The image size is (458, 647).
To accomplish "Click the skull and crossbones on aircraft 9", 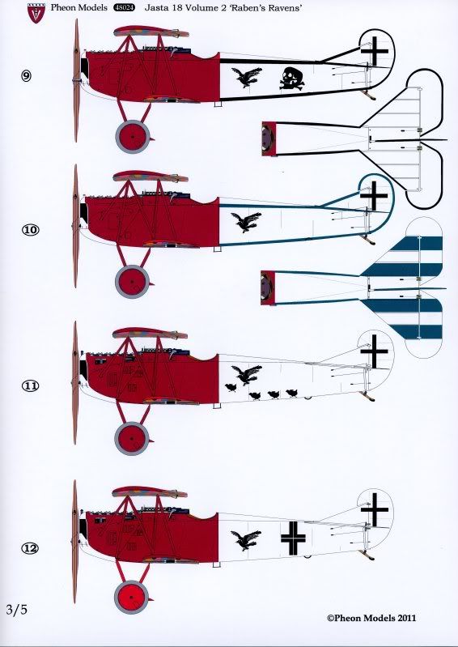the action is coord(292,79).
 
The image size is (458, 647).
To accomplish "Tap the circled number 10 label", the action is coord(30,230).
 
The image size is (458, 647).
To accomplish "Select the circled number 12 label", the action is coord(30,548).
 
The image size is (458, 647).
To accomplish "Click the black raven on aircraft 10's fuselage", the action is coord(246,222).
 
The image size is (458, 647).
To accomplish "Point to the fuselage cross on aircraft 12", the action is coord(294,538).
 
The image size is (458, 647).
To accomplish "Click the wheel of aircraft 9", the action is coord(132,136).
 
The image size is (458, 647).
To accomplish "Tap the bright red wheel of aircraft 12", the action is coord(130,597).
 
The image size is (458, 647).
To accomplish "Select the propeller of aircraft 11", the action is coord(75,383).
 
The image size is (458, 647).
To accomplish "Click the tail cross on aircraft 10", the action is coord(375,195).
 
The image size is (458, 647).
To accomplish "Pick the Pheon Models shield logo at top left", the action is coord(36,12).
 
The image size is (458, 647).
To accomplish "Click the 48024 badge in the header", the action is coord(124,8).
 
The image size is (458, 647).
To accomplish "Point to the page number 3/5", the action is coord(17,609).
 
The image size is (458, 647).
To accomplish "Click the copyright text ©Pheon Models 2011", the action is coord(371,618).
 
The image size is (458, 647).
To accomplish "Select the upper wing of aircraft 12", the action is coord(150,492).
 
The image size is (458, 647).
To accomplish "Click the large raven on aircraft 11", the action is coord(247,375).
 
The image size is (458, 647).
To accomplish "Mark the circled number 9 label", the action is coord(26,76).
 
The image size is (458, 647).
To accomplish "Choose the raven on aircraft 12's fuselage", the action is coord(246,540).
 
